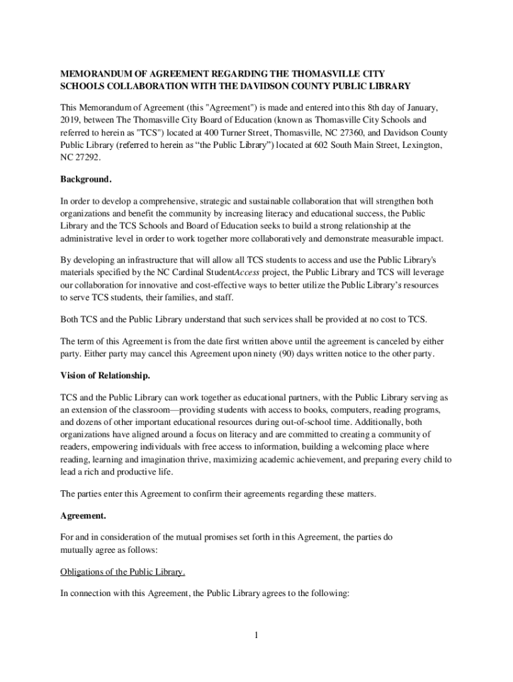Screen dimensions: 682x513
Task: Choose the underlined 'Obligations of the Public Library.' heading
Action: click(x=123, y=573)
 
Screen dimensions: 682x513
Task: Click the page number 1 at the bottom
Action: click(x=255, y=635)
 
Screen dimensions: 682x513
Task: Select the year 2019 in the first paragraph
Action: click(x=71, y=120)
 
